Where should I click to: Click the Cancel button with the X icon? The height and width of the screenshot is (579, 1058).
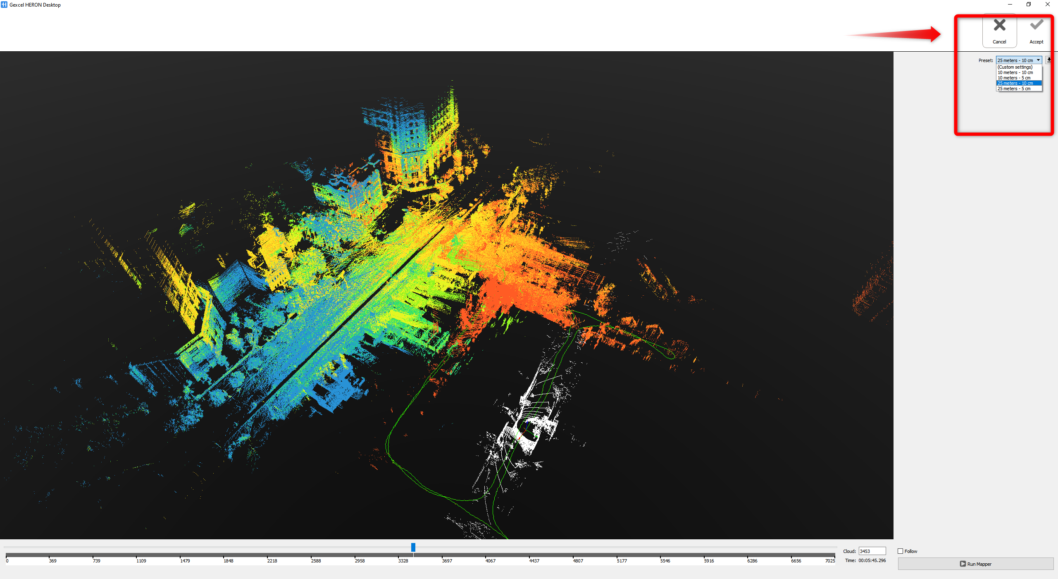999,31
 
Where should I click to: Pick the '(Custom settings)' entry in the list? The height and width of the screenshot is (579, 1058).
1015,67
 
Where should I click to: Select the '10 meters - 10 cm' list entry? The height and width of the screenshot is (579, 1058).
1015,72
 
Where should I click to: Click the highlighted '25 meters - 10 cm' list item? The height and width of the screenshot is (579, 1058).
1015,83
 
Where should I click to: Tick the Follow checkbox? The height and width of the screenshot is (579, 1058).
900,551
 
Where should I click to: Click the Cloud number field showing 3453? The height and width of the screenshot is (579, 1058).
872,551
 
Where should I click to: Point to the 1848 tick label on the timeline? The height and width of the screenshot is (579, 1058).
228,561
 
